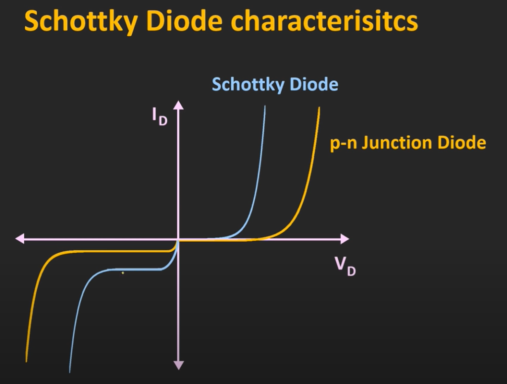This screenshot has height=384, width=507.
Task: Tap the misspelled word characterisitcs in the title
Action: tap(324, 21)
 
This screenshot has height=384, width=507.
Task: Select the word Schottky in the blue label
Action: tap(248, 84)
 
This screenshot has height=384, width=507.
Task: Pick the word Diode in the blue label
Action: tap(314, 84)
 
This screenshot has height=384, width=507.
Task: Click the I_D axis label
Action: tap(160, 116)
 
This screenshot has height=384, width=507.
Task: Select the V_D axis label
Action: tap(345, 266)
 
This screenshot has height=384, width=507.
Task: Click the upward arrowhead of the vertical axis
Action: tap(178, 105)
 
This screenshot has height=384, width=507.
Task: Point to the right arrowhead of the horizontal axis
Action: tap(345, 239)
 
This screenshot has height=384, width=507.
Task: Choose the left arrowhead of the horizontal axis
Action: tap(20, 239)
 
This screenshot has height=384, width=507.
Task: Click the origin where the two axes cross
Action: tap(178, 239)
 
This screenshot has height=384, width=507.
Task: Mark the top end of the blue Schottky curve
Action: tap(265, 106)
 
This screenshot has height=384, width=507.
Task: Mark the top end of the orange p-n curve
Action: tap(319, 108)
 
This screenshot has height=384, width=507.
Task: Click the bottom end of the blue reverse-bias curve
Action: tap(69, 372)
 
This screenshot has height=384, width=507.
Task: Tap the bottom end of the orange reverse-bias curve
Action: tap(26, 361)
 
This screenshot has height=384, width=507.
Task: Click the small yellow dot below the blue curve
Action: tap(123, 273)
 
